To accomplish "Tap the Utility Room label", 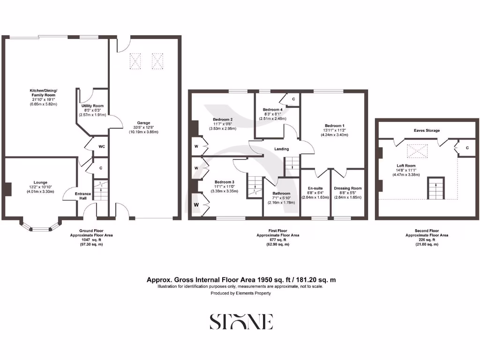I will coord(92,106).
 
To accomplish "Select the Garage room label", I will coord(143,123).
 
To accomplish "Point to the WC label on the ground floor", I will coord(102,146).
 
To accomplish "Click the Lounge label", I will coord(40,182).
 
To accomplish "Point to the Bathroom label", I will coord(281,193).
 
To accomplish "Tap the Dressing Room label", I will coord(348,188).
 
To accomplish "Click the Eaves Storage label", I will coord(427,130).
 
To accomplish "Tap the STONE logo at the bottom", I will coord(241,322).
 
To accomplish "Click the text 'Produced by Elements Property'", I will coord(240,293).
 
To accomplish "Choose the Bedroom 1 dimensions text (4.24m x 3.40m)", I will coord(335,135).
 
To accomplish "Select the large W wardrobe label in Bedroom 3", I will coord(197,205).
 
